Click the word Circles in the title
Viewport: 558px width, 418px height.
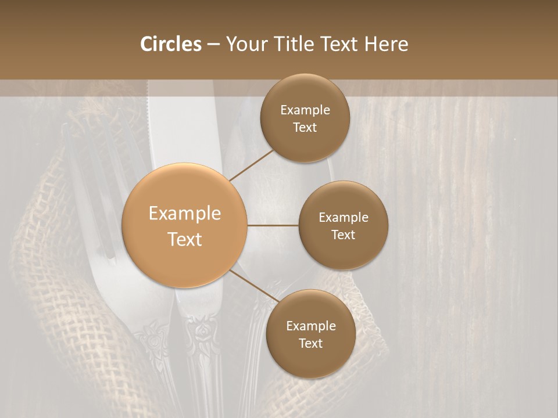click(x=170, y=44)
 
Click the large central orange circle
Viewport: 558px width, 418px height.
click(x=184, y=225)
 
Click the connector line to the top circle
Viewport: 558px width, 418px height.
click(x=251, y=165)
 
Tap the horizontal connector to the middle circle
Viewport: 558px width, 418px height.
click(x=273, y=225)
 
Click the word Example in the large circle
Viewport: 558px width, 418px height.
click(x=184, y=214)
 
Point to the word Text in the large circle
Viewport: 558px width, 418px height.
click(x=184, y=239)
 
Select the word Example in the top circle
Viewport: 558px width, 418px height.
click(x=305, y=110)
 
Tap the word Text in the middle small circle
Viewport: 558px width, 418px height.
click(x=343, y=235)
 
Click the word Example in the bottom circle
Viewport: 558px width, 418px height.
click(x=310, y=326)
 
